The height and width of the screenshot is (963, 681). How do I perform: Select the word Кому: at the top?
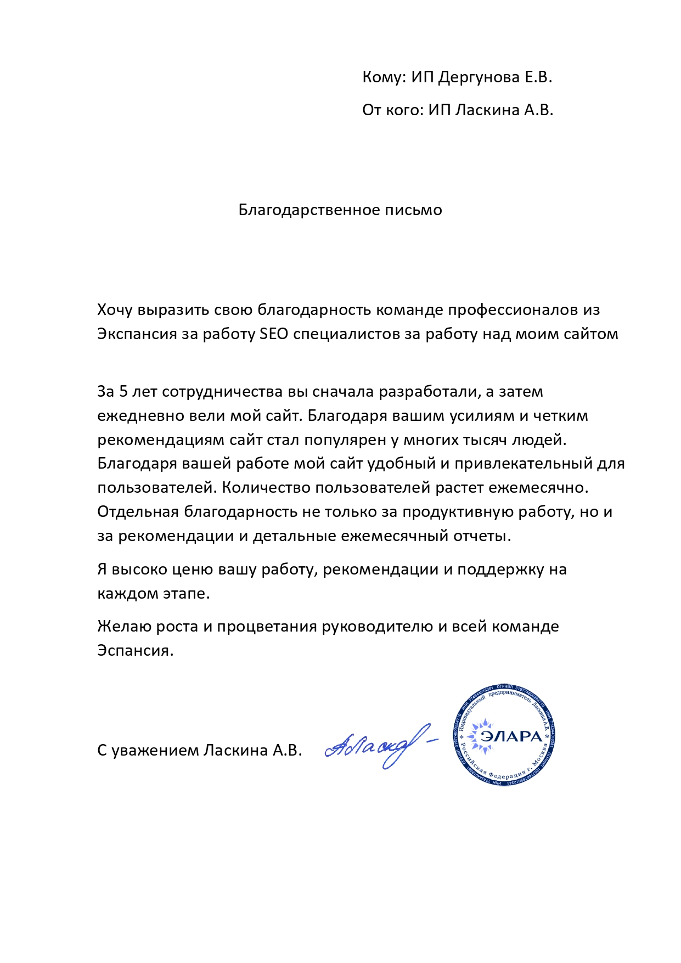pyautogui.click(x=383, y=77)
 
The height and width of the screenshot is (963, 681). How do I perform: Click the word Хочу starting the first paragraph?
pyautogui.click(x=115, y=311)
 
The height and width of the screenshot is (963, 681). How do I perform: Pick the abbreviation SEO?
pyautogui.click(x=273, y=334)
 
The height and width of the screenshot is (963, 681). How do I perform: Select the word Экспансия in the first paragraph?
pyautogui.click(x=137, y=335)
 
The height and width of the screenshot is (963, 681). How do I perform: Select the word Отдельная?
pyautogui.click(x=138, y=512)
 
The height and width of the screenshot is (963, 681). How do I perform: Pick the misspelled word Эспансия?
pyautogui.click(x=135, y=651)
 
